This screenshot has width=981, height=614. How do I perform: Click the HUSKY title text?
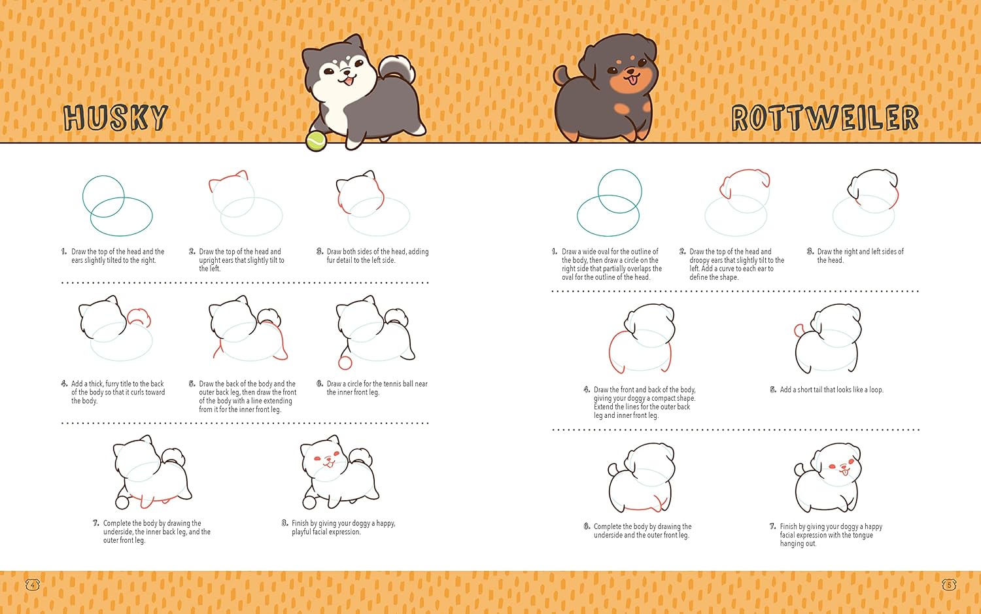pos(115,117)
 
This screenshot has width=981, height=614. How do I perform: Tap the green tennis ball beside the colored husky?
pos(316,141)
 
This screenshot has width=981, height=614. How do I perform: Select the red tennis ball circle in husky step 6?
pos(345,363)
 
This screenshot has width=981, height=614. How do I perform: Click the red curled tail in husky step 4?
pos(139,317)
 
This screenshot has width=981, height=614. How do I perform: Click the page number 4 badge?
pos(33,585)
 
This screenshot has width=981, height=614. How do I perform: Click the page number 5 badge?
pos(948,585)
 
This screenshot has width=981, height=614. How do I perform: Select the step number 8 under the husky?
pos(284,523)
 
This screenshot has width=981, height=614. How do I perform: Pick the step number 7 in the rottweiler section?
pos(772,526)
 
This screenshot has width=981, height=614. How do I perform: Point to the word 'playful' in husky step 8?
pos(301,532)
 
